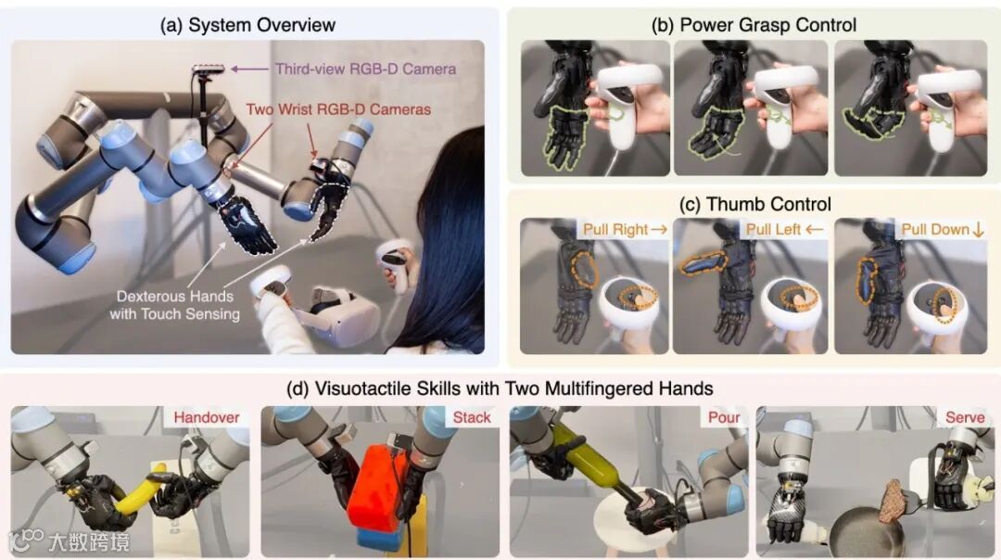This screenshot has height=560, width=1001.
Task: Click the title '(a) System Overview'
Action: (x=247, y=25)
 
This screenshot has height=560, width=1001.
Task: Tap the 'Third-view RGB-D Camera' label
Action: (x=365, y=69)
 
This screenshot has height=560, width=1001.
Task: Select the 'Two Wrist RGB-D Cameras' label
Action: (x=338, y=109)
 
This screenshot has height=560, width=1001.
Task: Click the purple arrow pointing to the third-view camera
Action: (x=249, y=69)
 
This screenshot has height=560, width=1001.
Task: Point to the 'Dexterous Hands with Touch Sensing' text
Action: (x=175, y=305)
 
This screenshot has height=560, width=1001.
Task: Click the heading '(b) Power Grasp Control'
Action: (x=754, y=25)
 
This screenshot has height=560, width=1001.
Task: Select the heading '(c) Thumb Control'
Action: (x=755, y=204)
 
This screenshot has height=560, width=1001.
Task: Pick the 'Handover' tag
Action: (x=206, y=417)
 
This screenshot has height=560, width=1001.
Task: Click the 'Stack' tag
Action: (x=472, y=417)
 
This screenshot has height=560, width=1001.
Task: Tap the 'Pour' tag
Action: (x=724, y=417)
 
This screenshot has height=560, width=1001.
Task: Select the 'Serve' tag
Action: (x=965, y=417)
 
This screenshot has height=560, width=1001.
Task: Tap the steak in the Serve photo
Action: (x=892, y=502)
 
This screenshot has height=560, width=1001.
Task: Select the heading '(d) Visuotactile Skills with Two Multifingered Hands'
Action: (x=500, y=388)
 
